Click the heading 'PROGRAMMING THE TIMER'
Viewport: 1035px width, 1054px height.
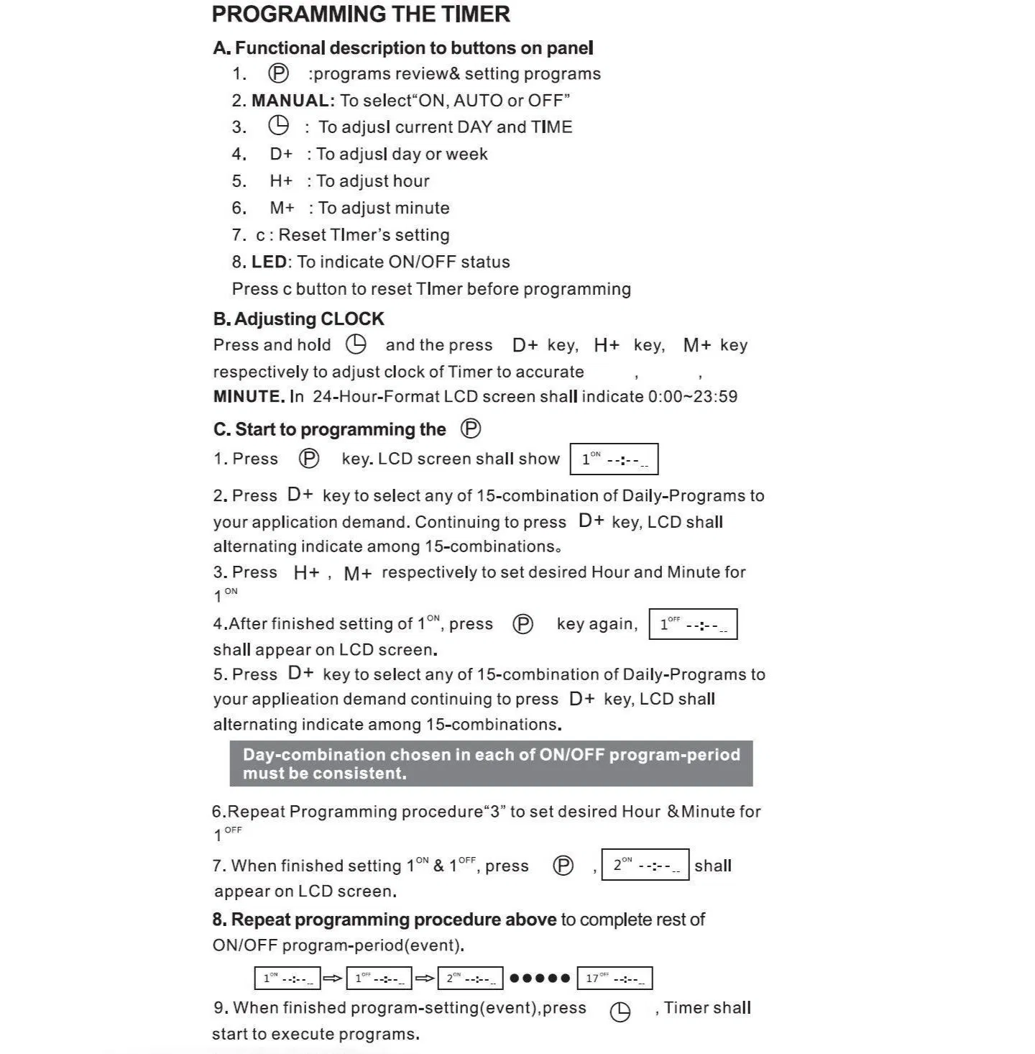coord(361,14)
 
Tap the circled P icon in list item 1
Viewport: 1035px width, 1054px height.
coord(278,73)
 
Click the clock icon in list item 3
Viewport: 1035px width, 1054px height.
coord(278,127)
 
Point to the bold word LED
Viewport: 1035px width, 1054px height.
coord(269,262)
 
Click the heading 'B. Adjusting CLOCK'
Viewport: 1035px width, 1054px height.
coord(298,319)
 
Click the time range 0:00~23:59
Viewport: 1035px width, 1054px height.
coord(692,397)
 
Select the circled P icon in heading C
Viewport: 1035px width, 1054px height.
coord(471,429)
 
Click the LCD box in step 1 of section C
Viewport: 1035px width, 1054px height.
coord(614,459)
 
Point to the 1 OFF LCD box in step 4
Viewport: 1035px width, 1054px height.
coord(693,624)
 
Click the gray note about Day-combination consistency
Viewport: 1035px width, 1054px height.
coord(491,764)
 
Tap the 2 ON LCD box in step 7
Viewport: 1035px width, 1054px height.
coord(645,865)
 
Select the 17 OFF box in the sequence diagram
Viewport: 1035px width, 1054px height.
coord(615,979)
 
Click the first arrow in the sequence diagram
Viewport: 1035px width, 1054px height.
coord(333,979)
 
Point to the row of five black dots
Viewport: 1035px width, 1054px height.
coord(540,979)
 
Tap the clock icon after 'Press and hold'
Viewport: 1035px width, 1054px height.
coord(356,344)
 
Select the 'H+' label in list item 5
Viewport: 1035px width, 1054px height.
coord(281,181)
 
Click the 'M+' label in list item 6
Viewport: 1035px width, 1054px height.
coord(282,208)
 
